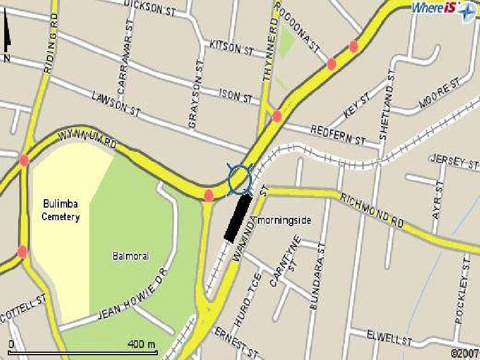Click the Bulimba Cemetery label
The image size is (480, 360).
(61, 211)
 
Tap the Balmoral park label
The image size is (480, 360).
(130, 256)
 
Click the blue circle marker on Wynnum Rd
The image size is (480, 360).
(239, 178)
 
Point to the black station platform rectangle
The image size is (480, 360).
(237, 218)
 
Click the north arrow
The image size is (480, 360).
(8, 39)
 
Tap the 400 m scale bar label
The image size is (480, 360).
(142, 344)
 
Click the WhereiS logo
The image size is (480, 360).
(443, 9)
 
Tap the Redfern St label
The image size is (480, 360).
(338, 135)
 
